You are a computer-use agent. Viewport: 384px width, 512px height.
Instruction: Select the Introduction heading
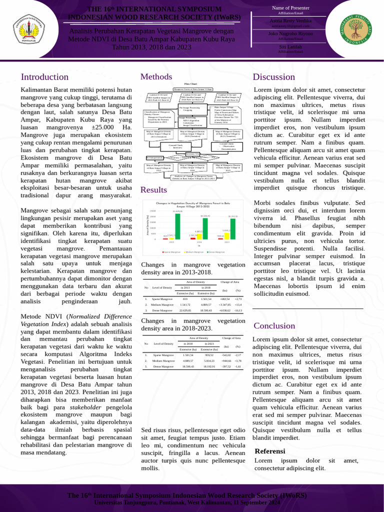(x=44, y=77)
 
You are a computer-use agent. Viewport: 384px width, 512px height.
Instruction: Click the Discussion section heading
(x=274, y=77)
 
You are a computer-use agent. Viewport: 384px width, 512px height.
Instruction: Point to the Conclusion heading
(x=274, y=326)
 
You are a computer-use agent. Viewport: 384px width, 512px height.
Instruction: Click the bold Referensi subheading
(x=270, y=451)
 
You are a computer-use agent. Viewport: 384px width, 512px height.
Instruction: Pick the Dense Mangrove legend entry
(x=216, y=252)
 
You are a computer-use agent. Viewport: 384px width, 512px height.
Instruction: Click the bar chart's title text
(x=193, y=205)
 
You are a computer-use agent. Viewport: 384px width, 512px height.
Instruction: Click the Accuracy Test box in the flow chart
(x=193, y=153)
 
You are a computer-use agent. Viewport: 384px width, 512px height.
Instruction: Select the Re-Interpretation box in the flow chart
(x=154, y=157)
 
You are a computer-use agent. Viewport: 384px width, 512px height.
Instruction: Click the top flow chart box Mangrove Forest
(x=193, y=88)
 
